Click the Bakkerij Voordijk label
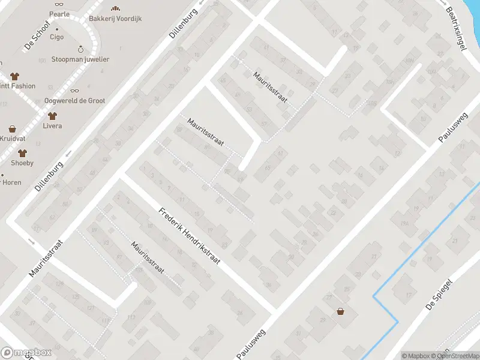point(115,18)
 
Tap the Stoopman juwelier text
point(80,59)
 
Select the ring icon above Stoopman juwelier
point(80,49)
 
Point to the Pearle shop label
point(60,14)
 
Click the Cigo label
point(57,37)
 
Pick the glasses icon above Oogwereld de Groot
point(75,90)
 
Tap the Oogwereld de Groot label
point(75,101)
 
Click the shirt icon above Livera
point(52,116)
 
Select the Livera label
point(52,126)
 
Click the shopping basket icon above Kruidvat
point(12,129)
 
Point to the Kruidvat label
point(10,139)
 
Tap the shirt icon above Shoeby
point(22,152)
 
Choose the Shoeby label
point(22,163)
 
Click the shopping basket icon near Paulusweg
point(341,311)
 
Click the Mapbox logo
point(25,353)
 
